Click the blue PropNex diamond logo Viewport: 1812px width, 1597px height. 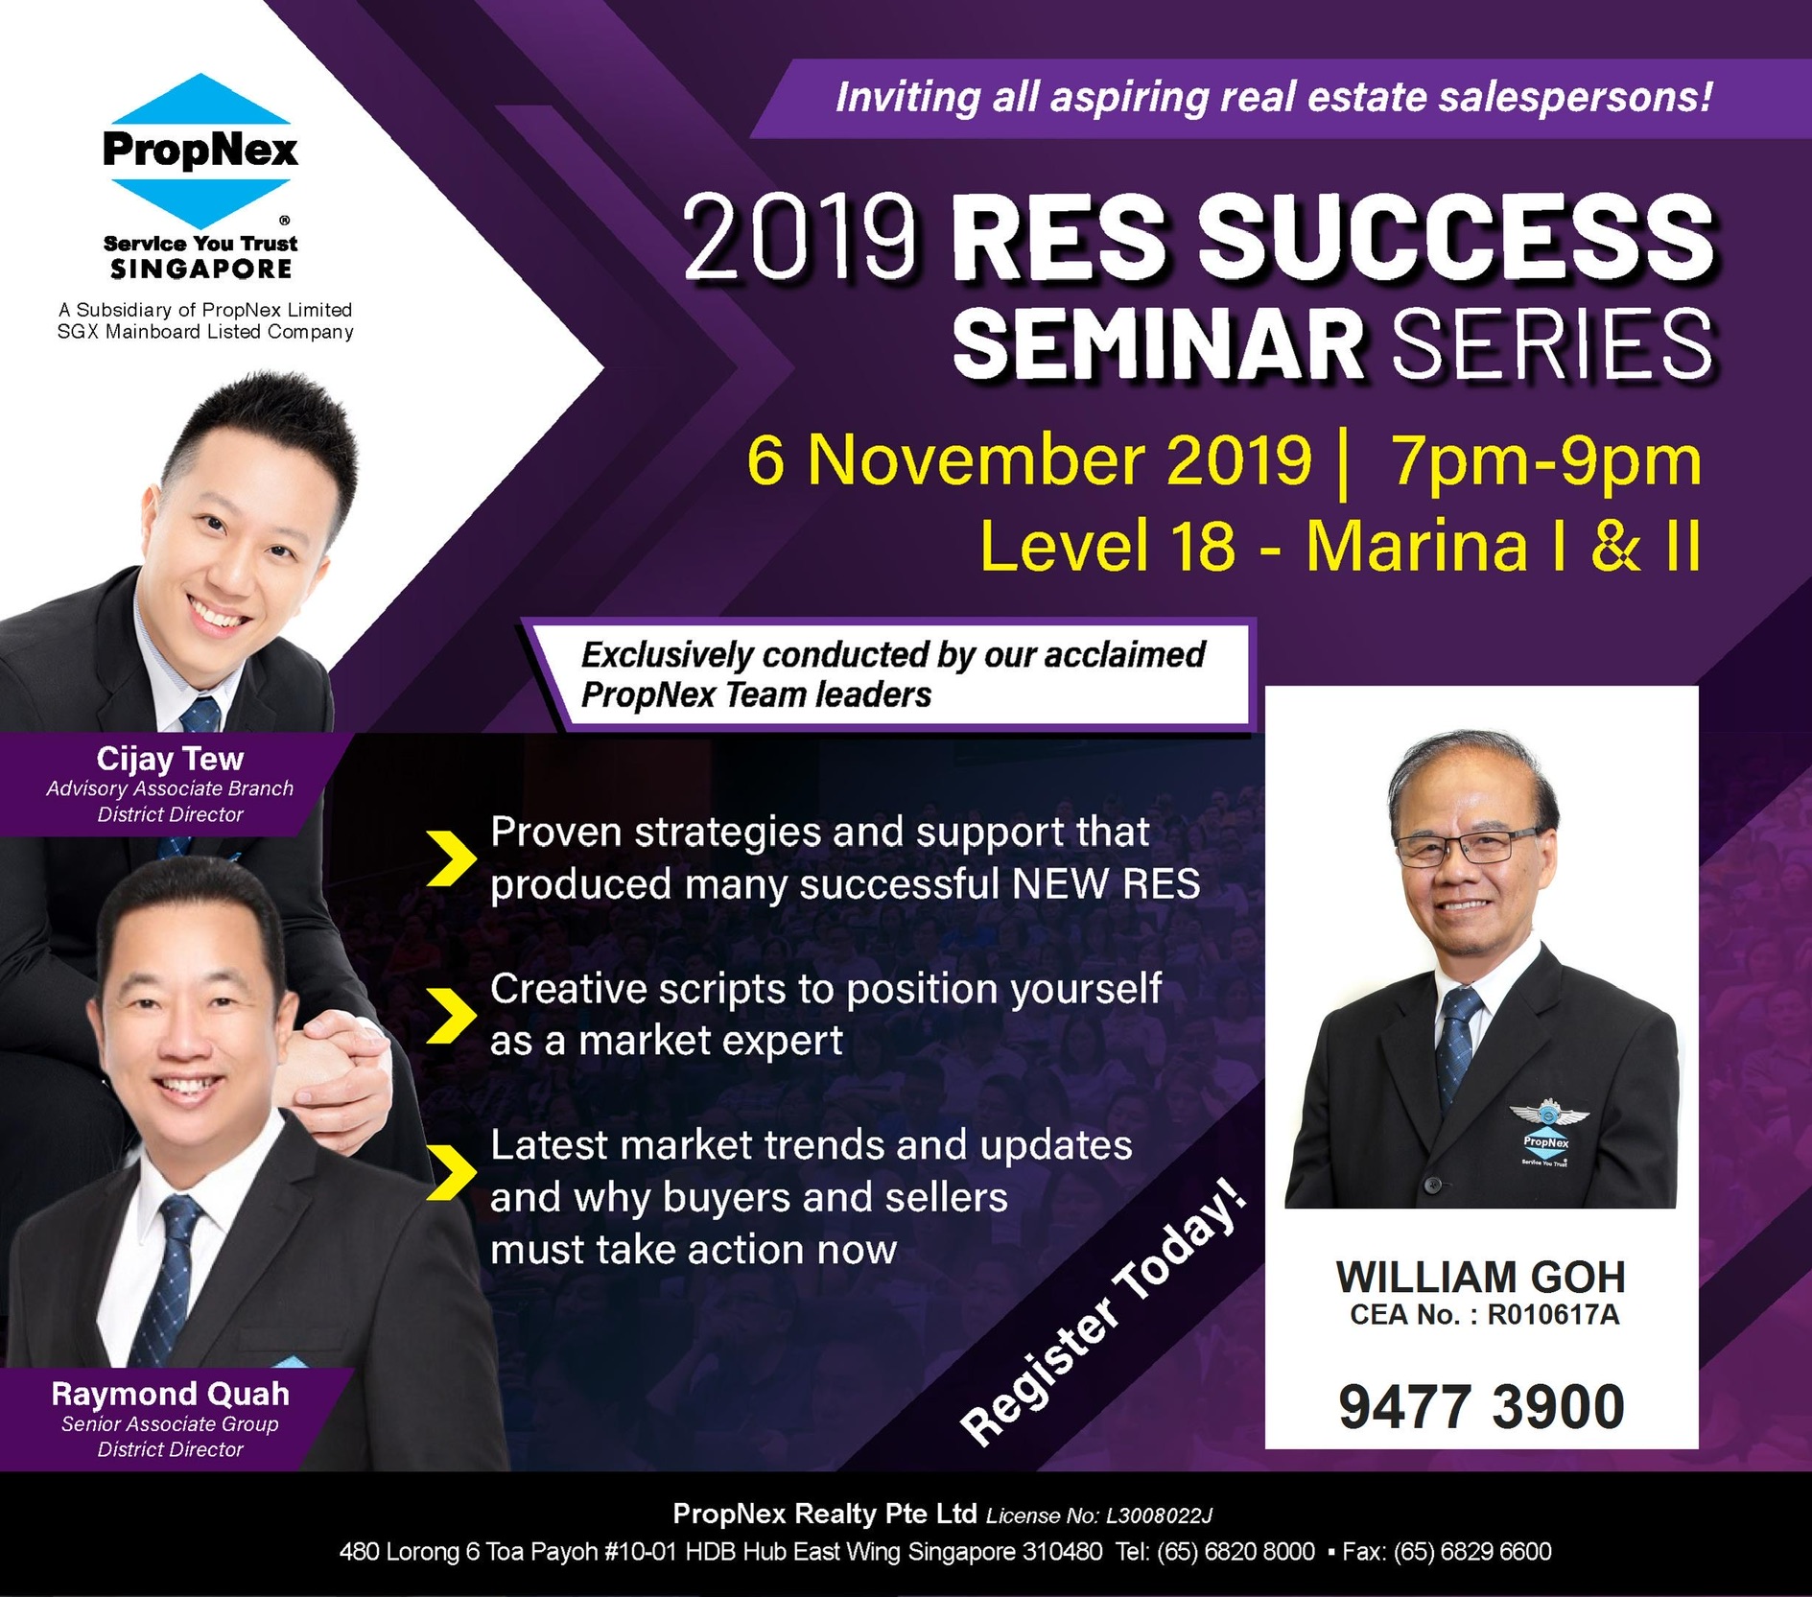pos(200,151)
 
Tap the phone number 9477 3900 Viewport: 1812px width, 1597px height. pos(1481,1406)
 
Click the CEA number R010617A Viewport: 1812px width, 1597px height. pos(1553,1314)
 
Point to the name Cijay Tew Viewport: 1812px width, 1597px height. pos(170,758)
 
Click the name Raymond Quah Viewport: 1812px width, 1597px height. pos(170,1393)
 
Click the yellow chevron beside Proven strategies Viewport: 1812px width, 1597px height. pos(451,857)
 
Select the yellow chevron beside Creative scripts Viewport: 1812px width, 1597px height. pos(451,1014)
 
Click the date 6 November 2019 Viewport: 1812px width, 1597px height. pos(1028,460)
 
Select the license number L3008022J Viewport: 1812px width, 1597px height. pos(1159,1515)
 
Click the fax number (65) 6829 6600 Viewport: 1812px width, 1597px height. pos(1472,1552)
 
